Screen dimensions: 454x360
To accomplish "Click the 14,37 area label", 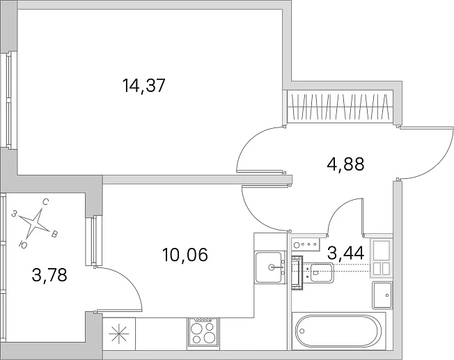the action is pyautogui.click(x=143, y=86).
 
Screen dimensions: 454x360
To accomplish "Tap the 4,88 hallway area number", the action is pyautogui.click(x=345, y=164).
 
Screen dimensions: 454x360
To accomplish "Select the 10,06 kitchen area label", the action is pyautogui.click(x=185, y=255).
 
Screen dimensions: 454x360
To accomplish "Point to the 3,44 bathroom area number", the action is pyautogui.click(x=345, y=253).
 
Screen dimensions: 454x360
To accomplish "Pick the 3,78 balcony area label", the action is pyautogui.click(x=49, y=275).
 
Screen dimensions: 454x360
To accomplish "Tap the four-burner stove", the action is pyautogui.click(x=203, y=332).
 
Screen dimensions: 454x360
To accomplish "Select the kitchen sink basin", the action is pyautogui.click(x=268, y=267).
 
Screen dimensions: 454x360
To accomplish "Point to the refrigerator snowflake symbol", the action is pyautogui.click(x=118, y=334).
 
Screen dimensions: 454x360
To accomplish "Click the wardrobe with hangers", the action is pyautogui.click(x=340, y=107).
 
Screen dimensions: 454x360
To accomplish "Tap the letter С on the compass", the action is pyautogui.click(x=45, y=202).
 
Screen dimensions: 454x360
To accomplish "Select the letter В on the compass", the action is pyautogui.click(x=54, y=234).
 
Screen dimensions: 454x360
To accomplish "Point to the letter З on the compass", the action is pyautogui.click(x=14, y=214).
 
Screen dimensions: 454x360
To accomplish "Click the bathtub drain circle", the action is pyautogui.click(x=302, y=331).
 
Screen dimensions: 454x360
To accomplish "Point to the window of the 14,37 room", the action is pyautogui.click(x=8, y=100).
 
